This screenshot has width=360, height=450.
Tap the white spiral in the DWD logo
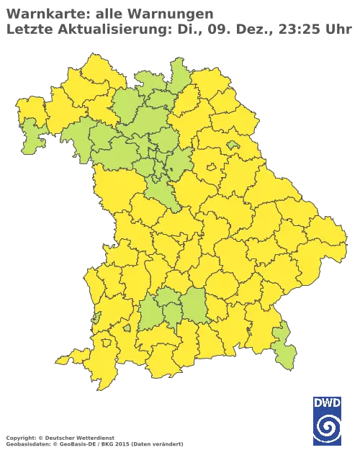click(x=328, y=426)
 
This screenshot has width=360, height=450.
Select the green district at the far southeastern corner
click(x=284, y=346)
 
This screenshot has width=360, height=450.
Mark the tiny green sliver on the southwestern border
click(x=95, y=318)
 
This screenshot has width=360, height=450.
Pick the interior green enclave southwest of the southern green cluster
click(x=127, y=328)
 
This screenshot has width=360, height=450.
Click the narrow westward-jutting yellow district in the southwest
click(x=72, y=357)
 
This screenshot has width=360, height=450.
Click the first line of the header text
click(x=108, y=14)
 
